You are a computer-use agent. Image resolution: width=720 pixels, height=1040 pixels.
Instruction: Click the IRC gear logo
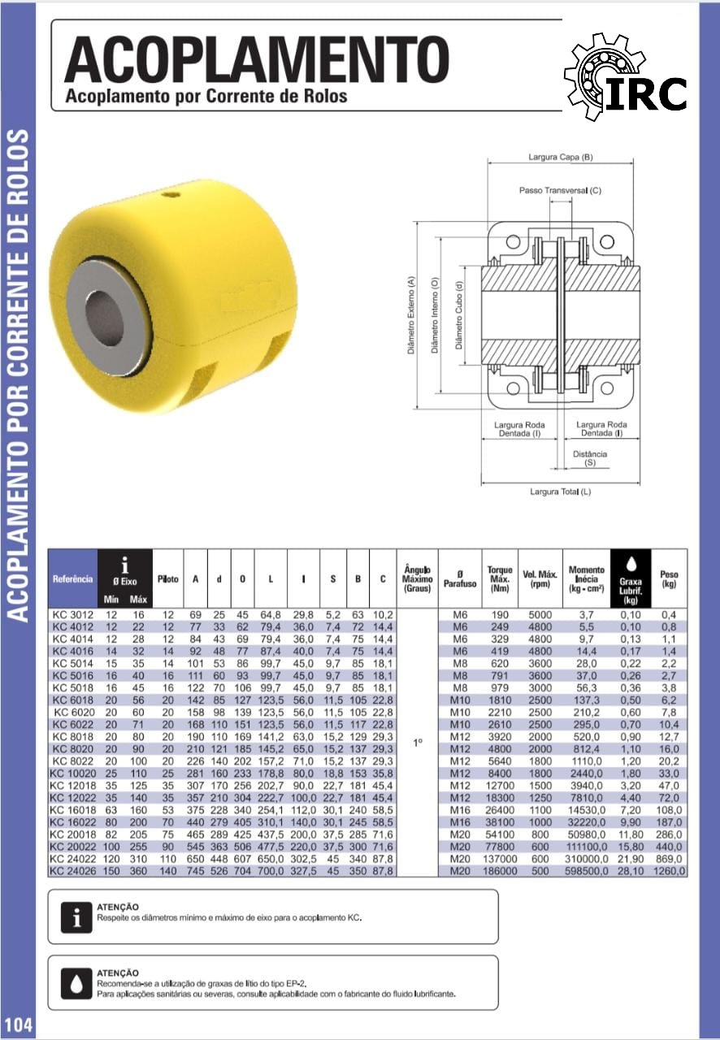click(x=625, y=76)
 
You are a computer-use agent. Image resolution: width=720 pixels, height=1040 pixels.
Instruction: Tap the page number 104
click(x=18, y=1025)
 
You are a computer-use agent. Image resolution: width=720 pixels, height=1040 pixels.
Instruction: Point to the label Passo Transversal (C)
click(x=560, y=190)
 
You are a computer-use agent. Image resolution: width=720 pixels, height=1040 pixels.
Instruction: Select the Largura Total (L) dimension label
click(x=560, y=492)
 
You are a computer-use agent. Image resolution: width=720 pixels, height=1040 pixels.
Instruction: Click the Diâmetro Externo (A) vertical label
click(x=410, y=316)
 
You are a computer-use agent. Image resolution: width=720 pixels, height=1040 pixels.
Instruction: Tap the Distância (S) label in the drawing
click(x=590, y=458)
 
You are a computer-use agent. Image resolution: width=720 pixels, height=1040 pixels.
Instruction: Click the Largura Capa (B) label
click(x=560, y=157)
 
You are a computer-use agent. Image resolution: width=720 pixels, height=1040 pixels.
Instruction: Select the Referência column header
click(x=73, y=579)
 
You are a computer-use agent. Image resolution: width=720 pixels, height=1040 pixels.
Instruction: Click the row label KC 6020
click(x=74, y=713)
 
